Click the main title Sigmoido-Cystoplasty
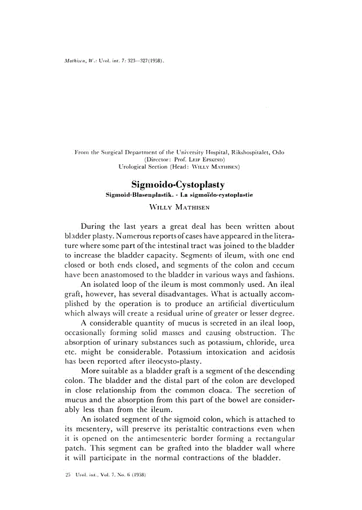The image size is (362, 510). click(x=178, y=184)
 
